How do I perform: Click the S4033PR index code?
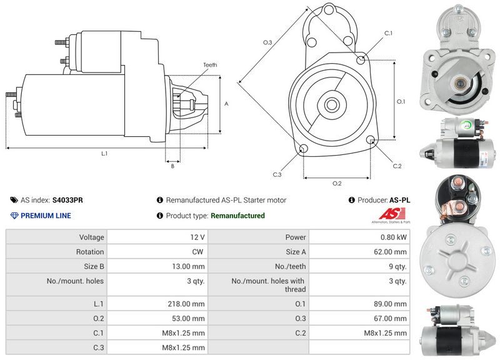(x=67, y=201)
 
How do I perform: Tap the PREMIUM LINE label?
(x=46, y=216)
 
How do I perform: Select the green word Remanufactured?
(x=237, y=216)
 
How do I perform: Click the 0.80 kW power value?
(x=395, y=237)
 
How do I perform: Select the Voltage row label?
(x=91, y=237)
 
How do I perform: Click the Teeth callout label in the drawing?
(x=210, y=65)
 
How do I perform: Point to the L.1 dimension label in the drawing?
(x=104, y=153)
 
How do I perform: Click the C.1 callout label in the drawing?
(x=387, y=33)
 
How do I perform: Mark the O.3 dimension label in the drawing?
(x=267, y=42)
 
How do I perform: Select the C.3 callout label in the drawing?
(x=277, y=174)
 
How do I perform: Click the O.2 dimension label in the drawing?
(x=336, y=183)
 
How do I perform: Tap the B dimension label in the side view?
(x=172, y=166)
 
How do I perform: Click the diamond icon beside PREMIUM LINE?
(x=14, y=216)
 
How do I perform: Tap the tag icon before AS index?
(x=14, y=201)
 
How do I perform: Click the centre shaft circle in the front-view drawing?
(x=331, y=104)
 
